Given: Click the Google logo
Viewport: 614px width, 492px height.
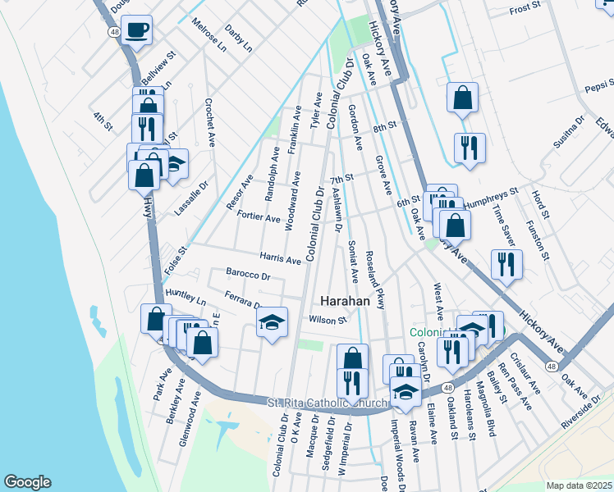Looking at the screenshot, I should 27,482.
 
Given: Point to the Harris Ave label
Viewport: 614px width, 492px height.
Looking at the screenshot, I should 280,258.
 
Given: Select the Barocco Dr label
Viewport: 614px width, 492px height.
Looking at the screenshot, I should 247,276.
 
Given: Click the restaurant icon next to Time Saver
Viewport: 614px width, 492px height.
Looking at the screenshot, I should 506,263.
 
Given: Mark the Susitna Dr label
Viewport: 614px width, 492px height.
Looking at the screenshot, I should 569,129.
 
